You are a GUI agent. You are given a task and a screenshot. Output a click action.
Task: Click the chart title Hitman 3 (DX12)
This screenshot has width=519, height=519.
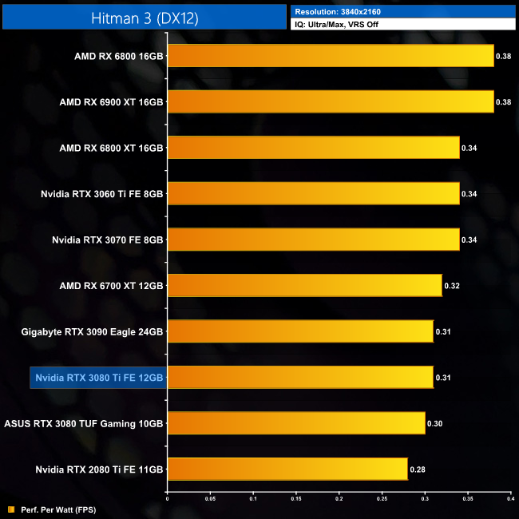[x=143, y=16]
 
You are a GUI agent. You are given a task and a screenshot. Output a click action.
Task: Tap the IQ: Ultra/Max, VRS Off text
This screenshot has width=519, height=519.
[x=339, y=25]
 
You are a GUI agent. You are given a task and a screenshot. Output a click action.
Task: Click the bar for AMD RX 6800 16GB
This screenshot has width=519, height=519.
[x=331, y=56]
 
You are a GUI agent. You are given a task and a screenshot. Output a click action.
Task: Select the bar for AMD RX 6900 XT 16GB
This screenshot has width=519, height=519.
[x=331, y=102]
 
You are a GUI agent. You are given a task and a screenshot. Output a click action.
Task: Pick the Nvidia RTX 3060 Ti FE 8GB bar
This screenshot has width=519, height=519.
[x=313, y=194]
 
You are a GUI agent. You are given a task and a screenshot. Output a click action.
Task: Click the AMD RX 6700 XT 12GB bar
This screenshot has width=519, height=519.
[x=304, y=285]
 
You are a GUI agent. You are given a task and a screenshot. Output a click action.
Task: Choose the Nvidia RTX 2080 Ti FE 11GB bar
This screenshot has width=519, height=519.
[x=287, y=469]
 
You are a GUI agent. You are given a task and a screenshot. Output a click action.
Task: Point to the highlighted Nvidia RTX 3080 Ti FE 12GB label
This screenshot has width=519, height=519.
[x=98, y=378]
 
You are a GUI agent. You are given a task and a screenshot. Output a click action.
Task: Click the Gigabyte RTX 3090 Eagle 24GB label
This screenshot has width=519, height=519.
[x=92, y=331]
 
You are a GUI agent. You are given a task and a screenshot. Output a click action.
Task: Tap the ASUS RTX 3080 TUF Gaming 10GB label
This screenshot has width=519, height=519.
[x=84, y=423]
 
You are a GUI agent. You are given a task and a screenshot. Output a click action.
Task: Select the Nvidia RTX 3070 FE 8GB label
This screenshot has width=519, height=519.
[x=107, y=240]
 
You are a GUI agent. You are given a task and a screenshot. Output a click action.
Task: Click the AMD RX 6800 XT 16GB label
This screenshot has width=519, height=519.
[x=111, y=148]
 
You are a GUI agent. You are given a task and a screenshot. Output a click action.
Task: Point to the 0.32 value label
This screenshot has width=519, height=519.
[x=452, y=285]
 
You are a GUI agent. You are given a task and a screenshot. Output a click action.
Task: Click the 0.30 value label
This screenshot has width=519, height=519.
[x=435, y=423]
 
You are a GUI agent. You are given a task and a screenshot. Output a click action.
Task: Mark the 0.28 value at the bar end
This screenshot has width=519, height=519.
[x=418, y=469]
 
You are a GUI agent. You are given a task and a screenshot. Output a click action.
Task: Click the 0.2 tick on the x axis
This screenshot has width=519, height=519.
[x=339, y=499]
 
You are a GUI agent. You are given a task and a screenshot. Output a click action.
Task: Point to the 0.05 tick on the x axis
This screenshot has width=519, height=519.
[x=210, y=499]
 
